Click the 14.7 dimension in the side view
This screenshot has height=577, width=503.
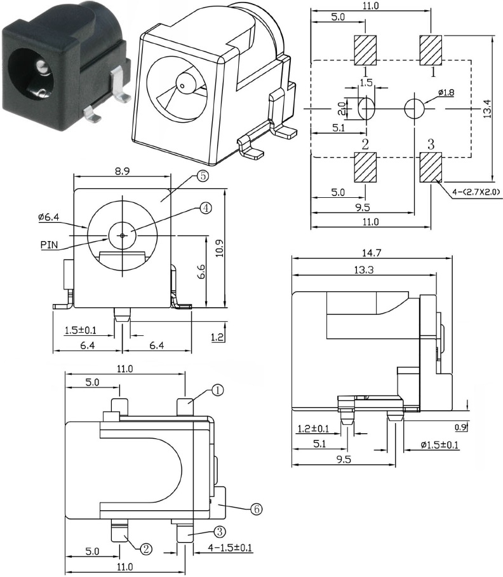click(x=372, y=253)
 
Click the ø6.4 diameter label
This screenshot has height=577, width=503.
click(x=48, y=218)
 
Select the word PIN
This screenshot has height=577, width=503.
click(x=51, y=243)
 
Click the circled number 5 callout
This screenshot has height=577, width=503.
click(x=203, y=177)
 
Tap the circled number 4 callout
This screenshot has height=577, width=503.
click(x=205, y=207)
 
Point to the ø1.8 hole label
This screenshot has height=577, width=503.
click(x=446, y=93)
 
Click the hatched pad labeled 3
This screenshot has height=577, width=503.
click(x=431, y=167)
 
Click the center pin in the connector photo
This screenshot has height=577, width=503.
click(x=43, y=66)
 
